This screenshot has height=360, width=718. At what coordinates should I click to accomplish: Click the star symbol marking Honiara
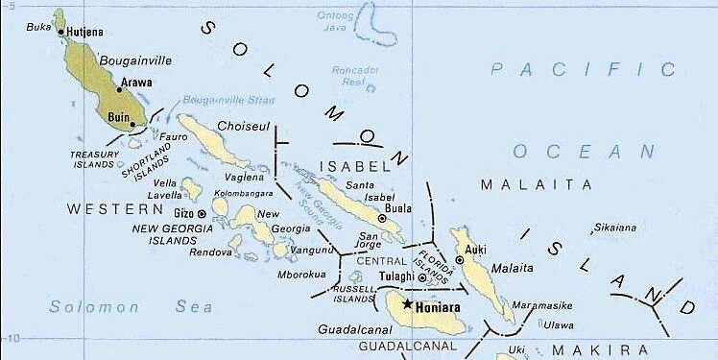(x=407, y=305)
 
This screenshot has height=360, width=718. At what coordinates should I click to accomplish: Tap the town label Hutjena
(x=85, y=32)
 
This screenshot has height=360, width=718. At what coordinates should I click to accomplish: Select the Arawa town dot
(x=119, y=89)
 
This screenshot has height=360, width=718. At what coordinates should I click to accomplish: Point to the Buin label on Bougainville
(x=119, y=117)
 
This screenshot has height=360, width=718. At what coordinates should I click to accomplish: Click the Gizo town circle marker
(x=202, y=212)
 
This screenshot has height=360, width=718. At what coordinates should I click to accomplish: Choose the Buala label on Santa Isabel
(x=397, y=207)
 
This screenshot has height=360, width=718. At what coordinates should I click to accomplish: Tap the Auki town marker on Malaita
(x=460, y=260)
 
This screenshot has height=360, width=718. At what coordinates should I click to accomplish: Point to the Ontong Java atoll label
(x=336, y=22)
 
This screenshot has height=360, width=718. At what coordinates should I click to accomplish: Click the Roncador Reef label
(x=349, y=76)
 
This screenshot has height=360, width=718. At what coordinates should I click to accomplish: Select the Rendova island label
(x=212, y=253)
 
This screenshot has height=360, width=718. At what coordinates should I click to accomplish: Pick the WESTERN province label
(x=104, y=208)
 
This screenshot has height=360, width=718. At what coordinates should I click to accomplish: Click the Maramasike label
(x=542, y=305)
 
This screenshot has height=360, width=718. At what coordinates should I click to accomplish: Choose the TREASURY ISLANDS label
(x=98, y=158)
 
